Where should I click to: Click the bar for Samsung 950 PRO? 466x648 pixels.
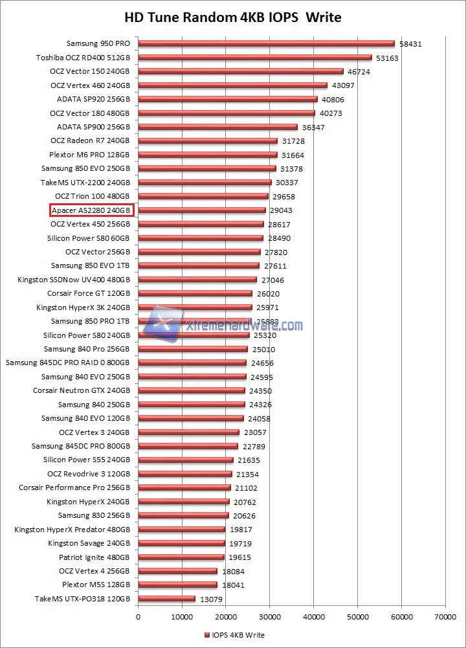click(265, 44)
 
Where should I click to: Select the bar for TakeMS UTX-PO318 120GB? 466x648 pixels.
click(166, 599)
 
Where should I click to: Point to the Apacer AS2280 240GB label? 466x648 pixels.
click(92, 210)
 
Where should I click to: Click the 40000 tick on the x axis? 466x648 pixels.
click(313, 618)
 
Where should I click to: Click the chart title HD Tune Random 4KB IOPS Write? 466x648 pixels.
click(232, 17)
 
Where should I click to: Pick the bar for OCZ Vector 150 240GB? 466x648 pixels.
click(240, 72)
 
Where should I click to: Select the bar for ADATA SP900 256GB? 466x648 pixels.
click(217, 127)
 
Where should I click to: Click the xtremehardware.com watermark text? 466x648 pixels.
click(243, 326)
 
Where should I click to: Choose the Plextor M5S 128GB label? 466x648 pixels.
click(96, 585)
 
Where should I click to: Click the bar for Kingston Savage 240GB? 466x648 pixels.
click(181, 543)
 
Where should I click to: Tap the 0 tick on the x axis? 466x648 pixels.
click(138, 618)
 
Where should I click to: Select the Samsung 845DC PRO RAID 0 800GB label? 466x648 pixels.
click(68, 363)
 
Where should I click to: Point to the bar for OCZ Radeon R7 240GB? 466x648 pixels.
click(207, 141)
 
